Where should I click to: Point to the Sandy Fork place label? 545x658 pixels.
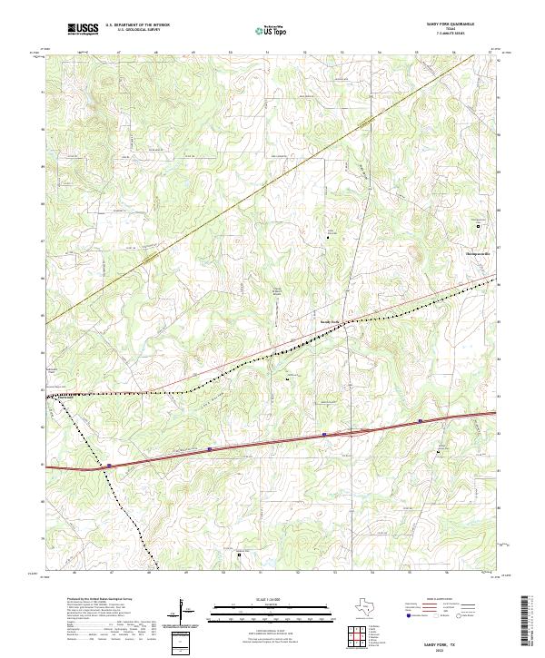tap(328, 321)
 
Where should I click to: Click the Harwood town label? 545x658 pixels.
tap(66, 397)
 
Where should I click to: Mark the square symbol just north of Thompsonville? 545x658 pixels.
tap(480, 225)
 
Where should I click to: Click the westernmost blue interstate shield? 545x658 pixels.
tap(108, 466)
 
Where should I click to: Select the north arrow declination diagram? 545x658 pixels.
tap(184, 613)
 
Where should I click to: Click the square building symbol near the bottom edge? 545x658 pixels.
tap(239, 555)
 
